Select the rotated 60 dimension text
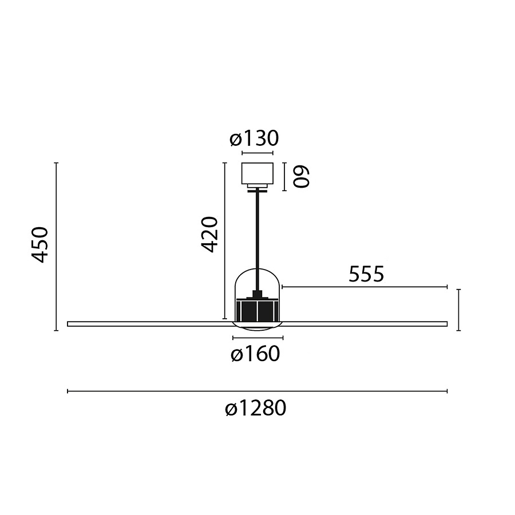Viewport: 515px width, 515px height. (x=301, y=176)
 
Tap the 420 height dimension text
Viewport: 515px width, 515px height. (x=210, y=235)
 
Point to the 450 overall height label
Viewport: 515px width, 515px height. (x=39, y=244)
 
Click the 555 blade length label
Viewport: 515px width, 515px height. (x=366, y=275)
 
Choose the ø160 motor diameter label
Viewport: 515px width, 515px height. (x=255, y=355)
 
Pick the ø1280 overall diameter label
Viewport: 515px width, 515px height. (x=255, y=409)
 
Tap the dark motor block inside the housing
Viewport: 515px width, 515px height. (x=257, y=311)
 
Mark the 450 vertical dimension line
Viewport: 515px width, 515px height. (x=56, y=246)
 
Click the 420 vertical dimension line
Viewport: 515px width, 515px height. (x=224, y=240)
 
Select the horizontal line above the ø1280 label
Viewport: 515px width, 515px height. (x=257, y=391)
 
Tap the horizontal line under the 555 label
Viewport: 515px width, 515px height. (x=364, y=287)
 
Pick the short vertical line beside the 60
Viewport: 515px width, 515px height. (x=284, y=176)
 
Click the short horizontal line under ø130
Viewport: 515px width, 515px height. (x=257, y=153)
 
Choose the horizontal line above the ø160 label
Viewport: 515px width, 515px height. (x=257, y=337)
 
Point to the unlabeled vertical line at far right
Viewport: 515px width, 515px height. (x=458, y=310)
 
